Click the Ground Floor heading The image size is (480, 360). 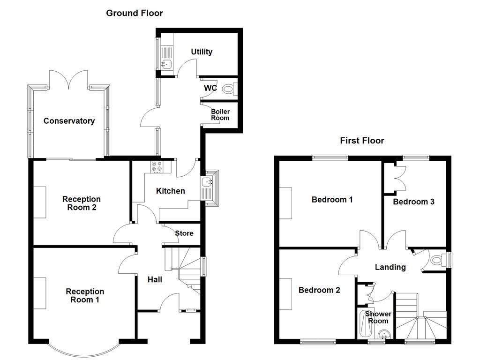135,13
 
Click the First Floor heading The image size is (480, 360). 362,141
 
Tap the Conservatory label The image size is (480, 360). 69,121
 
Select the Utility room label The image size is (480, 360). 202,52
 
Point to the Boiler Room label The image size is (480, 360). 220,115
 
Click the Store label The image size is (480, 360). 184,233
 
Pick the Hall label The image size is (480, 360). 155,279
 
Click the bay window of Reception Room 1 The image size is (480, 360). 83,349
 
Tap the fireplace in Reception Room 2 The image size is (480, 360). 40,202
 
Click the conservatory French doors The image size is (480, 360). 68,80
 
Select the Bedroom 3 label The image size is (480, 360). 413,202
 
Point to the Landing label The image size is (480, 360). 390,267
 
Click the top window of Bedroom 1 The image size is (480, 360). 330,158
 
